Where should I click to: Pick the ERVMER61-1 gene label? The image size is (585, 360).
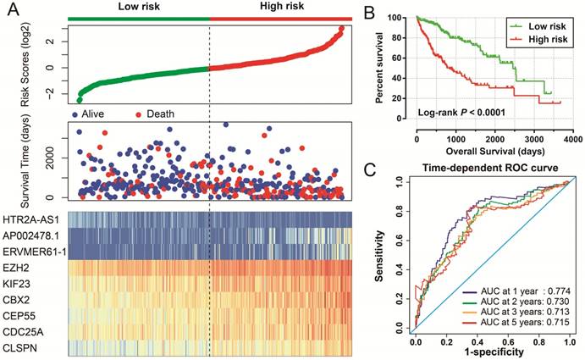(x=32, y=249)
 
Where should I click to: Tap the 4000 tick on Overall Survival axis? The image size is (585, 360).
(x=571, y=138)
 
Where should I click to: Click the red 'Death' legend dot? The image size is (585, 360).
(x=139, y=114)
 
